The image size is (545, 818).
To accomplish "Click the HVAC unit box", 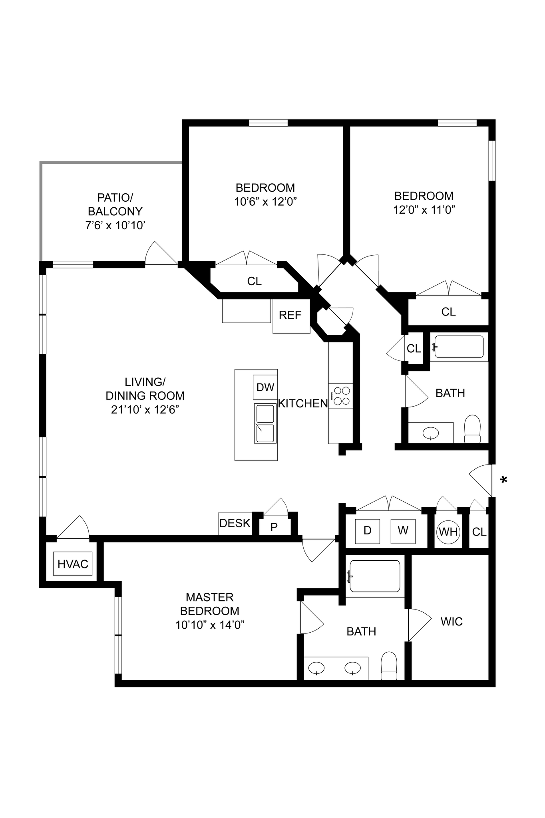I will pyautogui.click(x=73, y=564).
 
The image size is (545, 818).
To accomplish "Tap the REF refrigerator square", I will pyautogui.click(x=291, y=316).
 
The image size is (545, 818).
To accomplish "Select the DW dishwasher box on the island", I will pyautogui.click(x=265, y=387).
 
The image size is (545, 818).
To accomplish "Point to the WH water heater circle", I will pyautogui.click(x=448, y=532).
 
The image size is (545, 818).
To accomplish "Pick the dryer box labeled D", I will pyautogui.click(x=368, y=531).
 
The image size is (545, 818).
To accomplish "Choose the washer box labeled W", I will pyautogui.click(x=403, y=531).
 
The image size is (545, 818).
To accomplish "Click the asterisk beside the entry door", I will pyautogui.click(x=504, y=480).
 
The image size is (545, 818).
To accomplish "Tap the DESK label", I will pyautogui.click(x=235, y=523).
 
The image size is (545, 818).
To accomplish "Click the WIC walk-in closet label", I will pyautogui.click(x=452, y=621).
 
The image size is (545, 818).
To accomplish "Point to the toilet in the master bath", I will pyautogui.click(x=388, y=665).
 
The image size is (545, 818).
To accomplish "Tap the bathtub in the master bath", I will pyautogui.click(x=374, y=576).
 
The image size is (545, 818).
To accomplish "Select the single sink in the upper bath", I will pyautogui.click(x=431, y=433).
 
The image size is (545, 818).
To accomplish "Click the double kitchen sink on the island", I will pyautogui.click(x=265, y=423).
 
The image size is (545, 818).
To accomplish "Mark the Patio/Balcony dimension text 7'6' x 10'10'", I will pyautogui.click(x=115, y=225).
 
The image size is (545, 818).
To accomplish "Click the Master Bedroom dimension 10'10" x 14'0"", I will pyautogui.click(x=210, y=625).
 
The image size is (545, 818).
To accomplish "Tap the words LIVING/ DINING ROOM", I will pyautogui.click(x=145, y=389).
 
